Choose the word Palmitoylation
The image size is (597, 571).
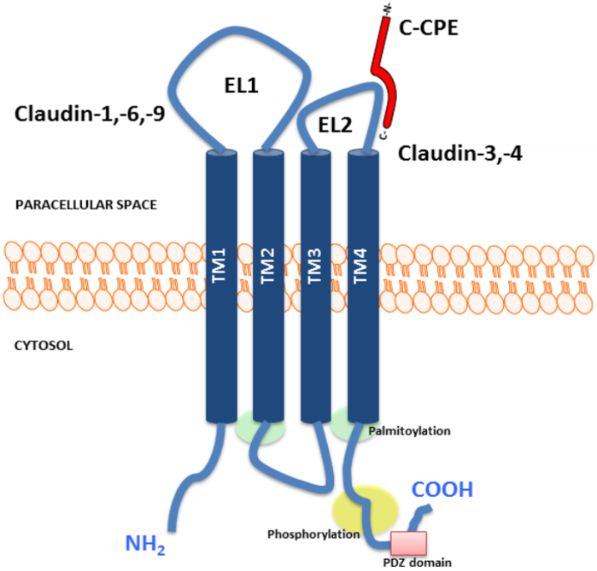pyautogui.click(x=410, y=432)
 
